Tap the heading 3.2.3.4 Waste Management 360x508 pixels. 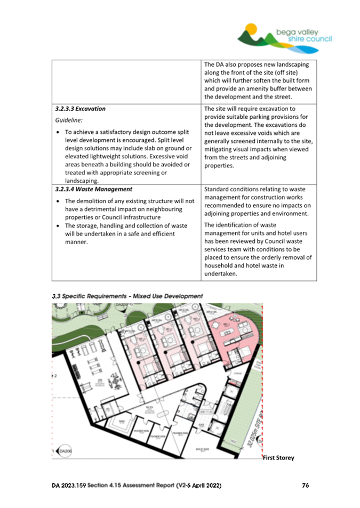tap(89, 189)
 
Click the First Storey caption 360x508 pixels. tap(278, 457)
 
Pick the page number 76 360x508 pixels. tap(306, 486)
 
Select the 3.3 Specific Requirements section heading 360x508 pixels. tap(127, 296)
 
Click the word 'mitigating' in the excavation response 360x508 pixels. tap(220, 149)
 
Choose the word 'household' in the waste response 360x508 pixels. tap(221, 265)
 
